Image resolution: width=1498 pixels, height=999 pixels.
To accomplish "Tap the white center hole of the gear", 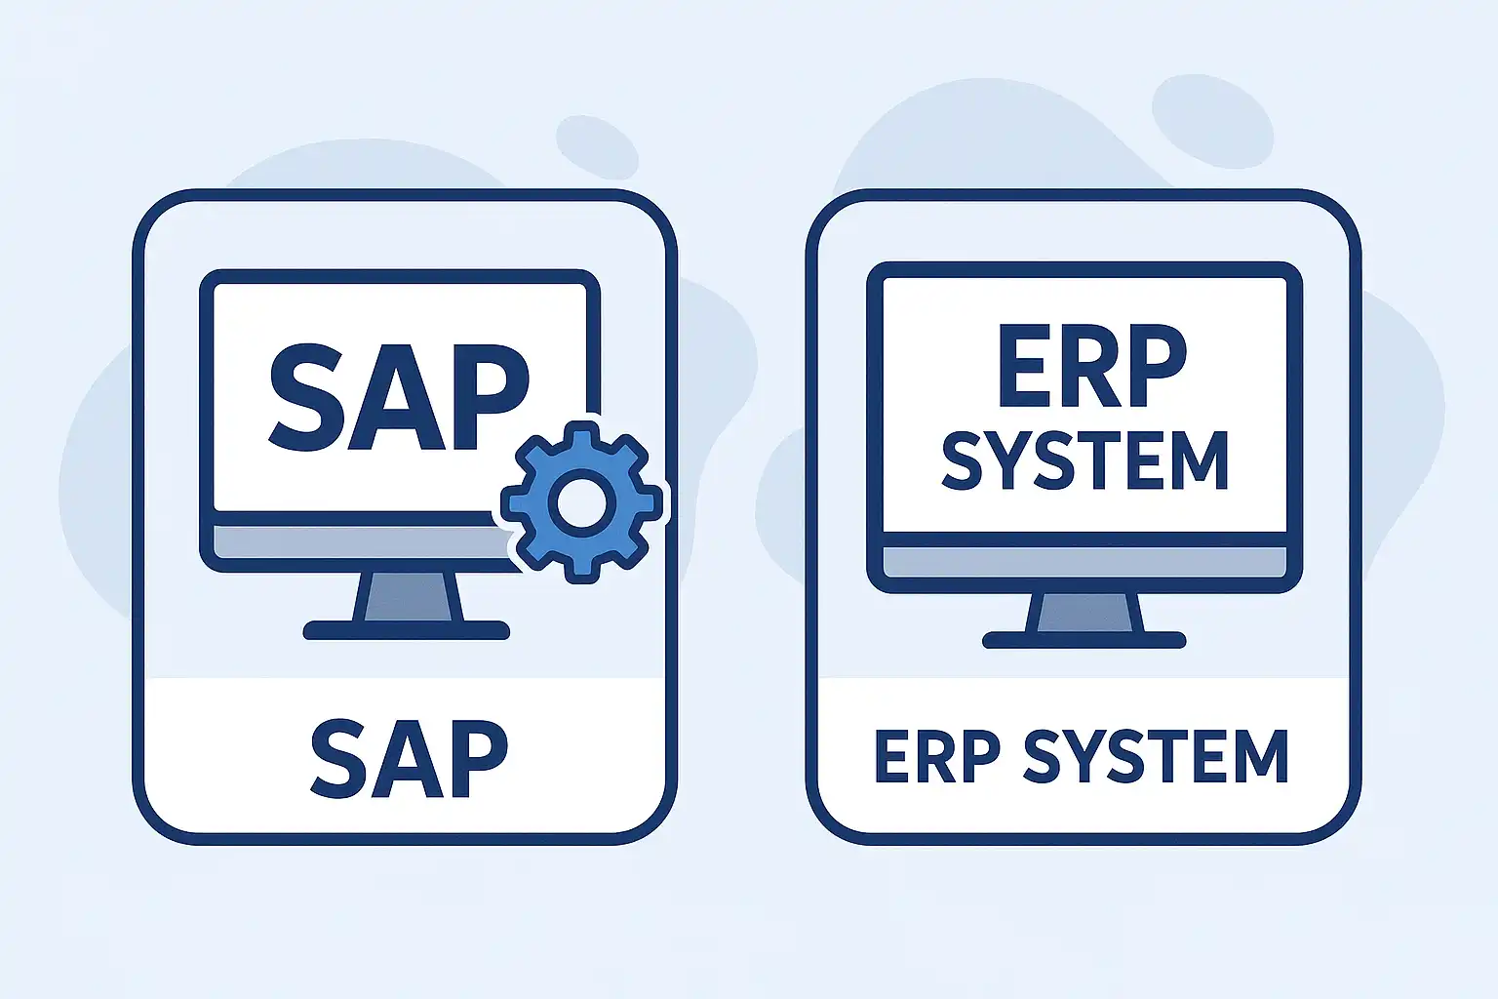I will point(582,502).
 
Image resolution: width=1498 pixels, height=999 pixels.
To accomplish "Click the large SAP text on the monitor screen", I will point(399,397).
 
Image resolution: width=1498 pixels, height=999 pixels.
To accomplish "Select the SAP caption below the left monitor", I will point(409,759).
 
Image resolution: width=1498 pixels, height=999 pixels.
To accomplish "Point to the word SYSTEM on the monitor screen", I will point(1084,460).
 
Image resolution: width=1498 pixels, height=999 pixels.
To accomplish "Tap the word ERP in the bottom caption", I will point(937,757).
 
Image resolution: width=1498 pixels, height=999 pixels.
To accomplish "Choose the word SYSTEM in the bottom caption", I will point(1156,757).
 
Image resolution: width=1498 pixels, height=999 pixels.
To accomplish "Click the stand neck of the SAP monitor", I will point(408,596).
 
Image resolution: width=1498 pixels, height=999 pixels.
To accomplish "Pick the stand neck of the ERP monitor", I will point(1084,613).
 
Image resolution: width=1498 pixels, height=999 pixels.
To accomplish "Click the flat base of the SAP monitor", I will point(406,630).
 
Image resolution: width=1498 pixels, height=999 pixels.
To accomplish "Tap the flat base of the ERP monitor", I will point(1084,640).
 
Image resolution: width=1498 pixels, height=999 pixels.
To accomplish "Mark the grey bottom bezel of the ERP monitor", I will point(1084,561).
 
